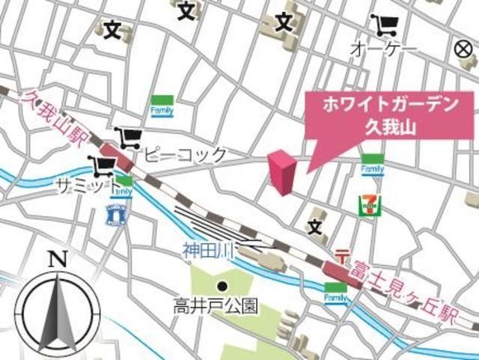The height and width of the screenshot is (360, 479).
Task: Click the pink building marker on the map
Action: coord(281,171)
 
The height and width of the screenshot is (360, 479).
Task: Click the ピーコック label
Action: coord(185,155)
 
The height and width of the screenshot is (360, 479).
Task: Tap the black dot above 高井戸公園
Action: coord(222,286)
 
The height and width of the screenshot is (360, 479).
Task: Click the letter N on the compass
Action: coord(57,260)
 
